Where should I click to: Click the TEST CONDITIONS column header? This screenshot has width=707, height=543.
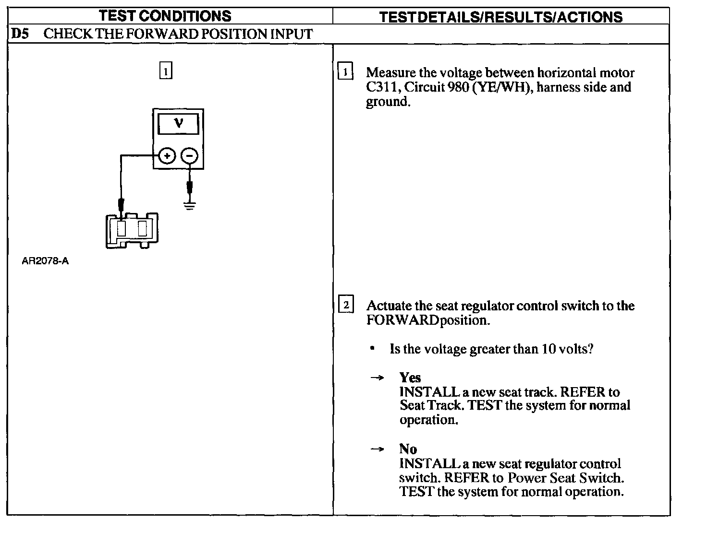165,16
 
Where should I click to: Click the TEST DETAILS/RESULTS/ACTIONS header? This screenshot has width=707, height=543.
500,17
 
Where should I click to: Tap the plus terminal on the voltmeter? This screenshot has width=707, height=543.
166,156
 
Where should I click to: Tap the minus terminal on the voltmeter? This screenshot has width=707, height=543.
189,156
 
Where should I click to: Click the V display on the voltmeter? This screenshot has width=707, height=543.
178,123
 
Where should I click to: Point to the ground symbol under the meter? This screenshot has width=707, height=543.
190,207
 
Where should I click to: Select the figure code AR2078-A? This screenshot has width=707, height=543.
45,261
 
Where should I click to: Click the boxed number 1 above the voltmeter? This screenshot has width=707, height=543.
165,71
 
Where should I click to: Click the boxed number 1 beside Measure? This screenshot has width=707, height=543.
345,72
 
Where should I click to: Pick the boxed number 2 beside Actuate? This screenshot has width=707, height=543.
346,305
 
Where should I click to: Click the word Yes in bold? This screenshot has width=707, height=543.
410,378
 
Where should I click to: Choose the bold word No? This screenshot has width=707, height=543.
408,449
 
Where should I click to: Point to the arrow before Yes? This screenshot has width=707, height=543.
377,378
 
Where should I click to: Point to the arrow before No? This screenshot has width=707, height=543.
377,449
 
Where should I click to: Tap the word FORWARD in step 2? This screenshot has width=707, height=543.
402,320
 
